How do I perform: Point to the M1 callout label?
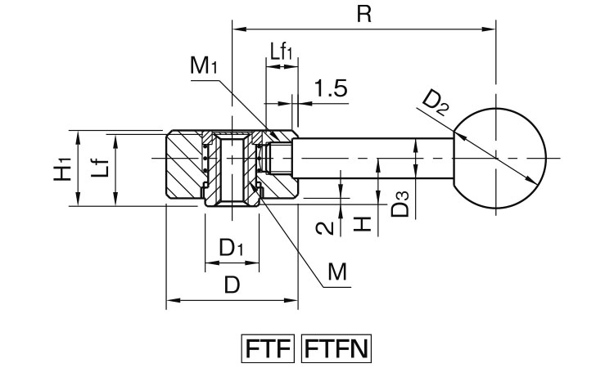coord(204,66)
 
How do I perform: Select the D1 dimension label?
coord(232,246)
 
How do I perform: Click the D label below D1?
coord(232,285)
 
